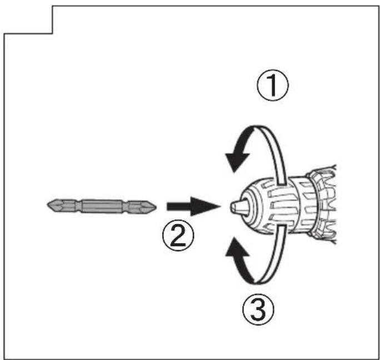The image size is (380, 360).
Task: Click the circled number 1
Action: click(x=273, y=86)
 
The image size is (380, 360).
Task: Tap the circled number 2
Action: click(x=178, y=235)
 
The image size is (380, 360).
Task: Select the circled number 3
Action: click(x=258, y=309)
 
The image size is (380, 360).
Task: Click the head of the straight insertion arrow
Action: click(x=205, y=206)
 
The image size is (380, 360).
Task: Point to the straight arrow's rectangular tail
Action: click(x=179, y=206)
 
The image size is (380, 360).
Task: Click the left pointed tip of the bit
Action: click(x=47, y=206)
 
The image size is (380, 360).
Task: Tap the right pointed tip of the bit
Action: click(x=156, y=207)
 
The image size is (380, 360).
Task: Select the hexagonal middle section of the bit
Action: click(x=101, y=206)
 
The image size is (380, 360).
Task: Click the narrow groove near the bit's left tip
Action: click(x=78, y=206)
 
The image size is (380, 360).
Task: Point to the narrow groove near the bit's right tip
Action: click(x=125, y=207)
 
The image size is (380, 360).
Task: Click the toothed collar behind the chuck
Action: click(x=322, y=205)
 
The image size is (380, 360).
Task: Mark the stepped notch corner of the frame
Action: click(x=53, y=33)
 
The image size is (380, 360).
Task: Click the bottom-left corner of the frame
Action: click(x=4, y=359)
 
